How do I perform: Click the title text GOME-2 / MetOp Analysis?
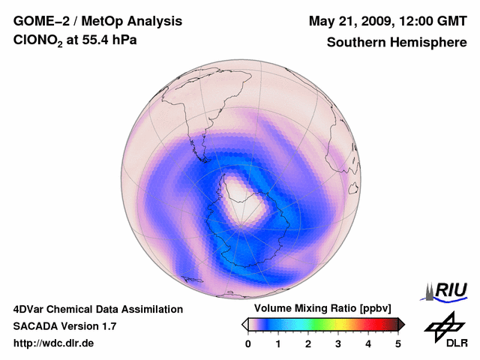coord(97,21)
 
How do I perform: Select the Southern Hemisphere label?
coord(396,43)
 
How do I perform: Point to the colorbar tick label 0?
coord(248,343)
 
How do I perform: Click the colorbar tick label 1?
coord(278,343)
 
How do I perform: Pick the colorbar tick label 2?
coord(308,343)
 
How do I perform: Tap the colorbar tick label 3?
coord(338,343)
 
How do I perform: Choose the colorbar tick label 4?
coord(368,343)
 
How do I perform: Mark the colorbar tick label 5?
coord(398,343)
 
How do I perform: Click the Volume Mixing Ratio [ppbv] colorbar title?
coord(319,309)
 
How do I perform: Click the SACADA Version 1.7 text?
coord(64,326)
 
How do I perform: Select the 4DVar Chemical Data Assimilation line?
coord(97,309)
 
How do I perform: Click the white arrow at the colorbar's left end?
coord(244,324)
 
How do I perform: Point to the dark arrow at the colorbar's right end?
coord(401,324)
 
